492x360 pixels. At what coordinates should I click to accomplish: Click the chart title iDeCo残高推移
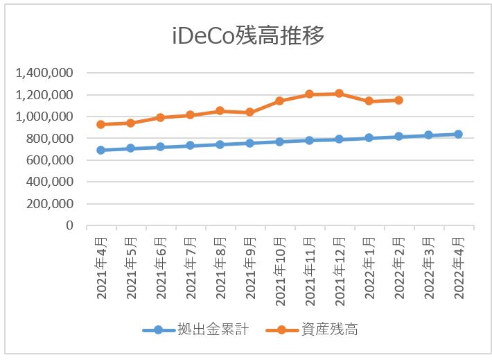247,35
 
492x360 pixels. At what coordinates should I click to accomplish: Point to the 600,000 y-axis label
51,160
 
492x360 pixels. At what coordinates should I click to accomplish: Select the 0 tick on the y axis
70,225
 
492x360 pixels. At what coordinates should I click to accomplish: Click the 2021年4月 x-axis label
101,266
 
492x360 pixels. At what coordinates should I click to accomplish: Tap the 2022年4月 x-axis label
459,266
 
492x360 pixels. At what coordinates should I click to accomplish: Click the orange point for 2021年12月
339,93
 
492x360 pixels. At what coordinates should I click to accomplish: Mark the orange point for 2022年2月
398,100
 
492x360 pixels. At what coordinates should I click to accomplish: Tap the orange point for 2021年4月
101,124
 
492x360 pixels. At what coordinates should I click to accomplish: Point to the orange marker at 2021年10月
279,101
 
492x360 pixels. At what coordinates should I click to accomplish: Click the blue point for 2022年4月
458,134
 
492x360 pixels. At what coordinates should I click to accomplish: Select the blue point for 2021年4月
101,150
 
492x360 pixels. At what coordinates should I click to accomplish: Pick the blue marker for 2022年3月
428,135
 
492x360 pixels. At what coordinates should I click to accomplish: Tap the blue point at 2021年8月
220,144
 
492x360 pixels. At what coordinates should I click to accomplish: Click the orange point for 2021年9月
249,112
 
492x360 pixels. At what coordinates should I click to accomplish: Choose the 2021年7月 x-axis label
191,266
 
